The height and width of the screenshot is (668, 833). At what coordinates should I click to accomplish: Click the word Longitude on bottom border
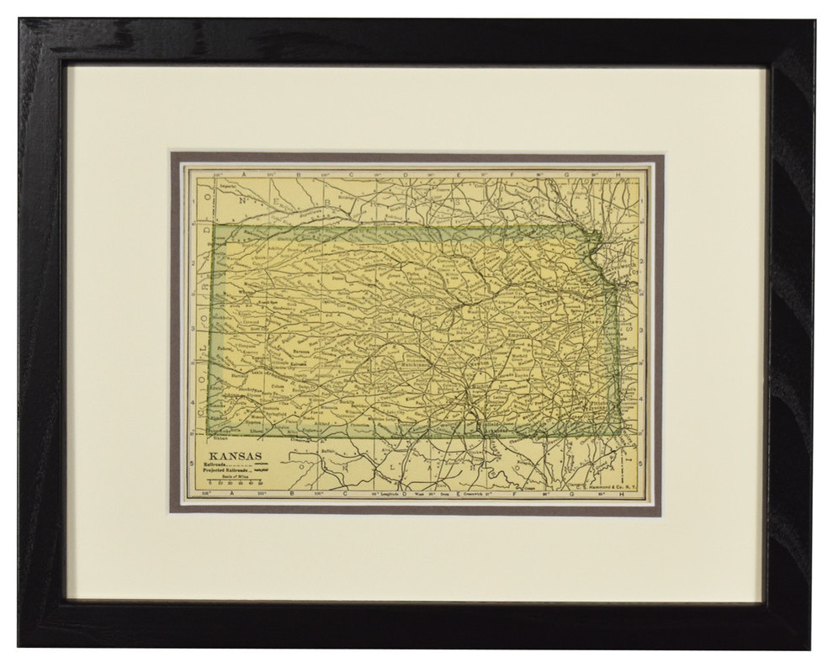pos(384,493)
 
